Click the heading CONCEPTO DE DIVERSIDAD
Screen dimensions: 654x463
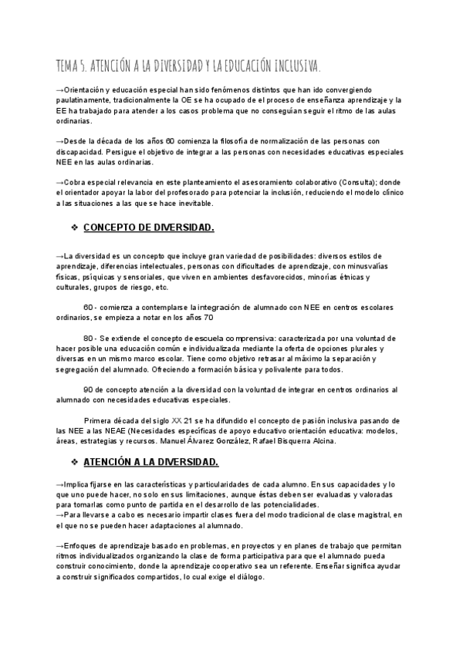[147, 228]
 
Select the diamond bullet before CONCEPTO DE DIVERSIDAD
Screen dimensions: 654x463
[75, 228]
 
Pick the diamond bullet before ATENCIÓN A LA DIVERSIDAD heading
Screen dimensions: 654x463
[75, 461]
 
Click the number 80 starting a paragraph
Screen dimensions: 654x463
[88, 338]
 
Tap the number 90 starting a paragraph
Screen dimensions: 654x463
[88, 389]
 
